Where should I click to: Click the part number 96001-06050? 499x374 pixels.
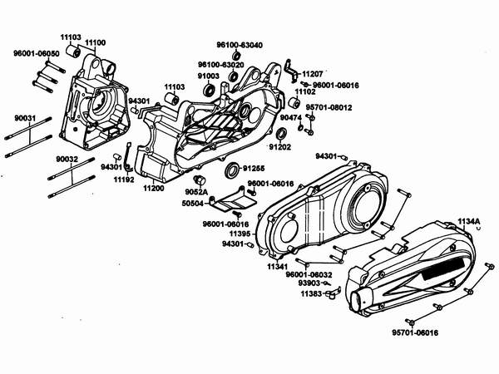[x=36, y=52]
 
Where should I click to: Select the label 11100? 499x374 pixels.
[x=95, y=41]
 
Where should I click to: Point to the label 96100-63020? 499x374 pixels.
[x=221, y=64]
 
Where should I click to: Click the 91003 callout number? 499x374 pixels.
[x=209, y=76]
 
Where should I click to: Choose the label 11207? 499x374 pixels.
[x=313, y=74]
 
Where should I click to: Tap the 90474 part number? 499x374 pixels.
[x=290, y=118]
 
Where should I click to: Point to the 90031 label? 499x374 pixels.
[x=25, y=119]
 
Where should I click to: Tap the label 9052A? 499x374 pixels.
[x=195, y=191]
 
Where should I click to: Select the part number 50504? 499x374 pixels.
[x=193, y=202]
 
